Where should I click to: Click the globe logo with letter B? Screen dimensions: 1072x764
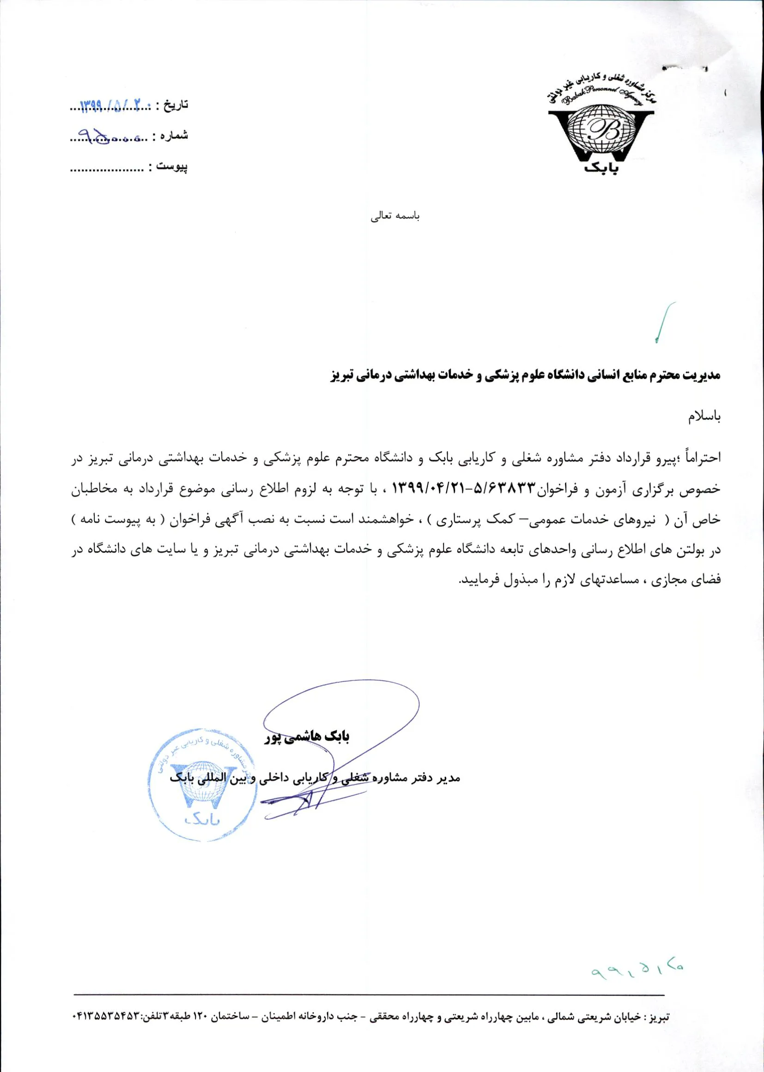(601, 128)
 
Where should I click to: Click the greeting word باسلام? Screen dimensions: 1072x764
(704, 417)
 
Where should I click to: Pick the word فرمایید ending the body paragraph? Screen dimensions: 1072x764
(476, 580)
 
